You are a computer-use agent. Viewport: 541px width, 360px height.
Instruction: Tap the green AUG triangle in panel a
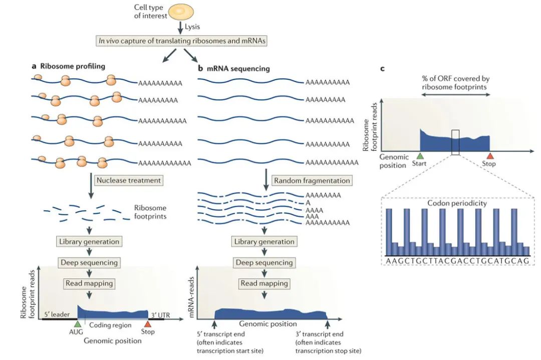point(77,324)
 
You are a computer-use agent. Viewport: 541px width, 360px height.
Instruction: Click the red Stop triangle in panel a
point(147,324)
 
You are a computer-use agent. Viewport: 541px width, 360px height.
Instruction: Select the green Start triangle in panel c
point(420,156)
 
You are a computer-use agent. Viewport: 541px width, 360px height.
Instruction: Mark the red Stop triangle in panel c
point(489,156)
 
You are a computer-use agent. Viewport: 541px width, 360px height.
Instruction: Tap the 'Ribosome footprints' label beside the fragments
point(150,213)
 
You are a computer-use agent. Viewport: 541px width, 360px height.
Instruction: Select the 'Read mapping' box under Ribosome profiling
point(89,283)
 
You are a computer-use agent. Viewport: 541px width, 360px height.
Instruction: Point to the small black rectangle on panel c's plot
point(455,142)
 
